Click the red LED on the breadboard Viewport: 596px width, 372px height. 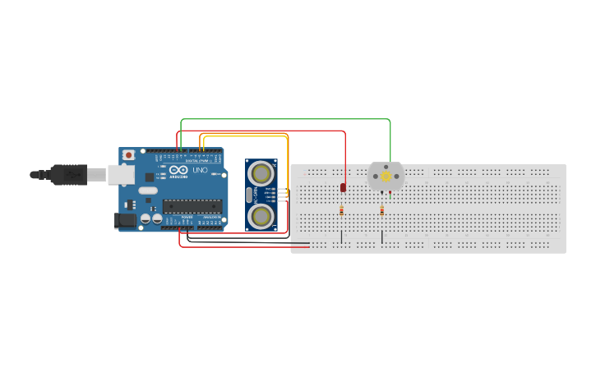[x=343, y=188]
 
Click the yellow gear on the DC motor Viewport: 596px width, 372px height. [x=386, y=177]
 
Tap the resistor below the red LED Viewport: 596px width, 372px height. [x=341, y=211]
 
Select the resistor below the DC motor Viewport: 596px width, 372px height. [x=381, y=210]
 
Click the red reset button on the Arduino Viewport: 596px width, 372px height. [x=128, y=155]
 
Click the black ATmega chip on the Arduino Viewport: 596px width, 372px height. [x=192, y=206]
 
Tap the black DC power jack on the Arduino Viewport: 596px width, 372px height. [x=124, y=219]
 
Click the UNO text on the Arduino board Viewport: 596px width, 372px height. [x=200, y=170]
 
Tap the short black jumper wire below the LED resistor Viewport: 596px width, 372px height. [x=341, y=237]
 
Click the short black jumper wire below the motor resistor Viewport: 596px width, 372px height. [x=381, y=237]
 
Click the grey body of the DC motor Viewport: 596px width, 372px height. [x=396, y=177]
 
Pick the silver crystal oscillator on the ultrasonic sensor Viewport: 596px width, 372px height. [x=249, y=195]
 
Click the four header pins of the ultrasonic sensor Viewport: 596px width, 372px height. [x=283, y=195]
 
